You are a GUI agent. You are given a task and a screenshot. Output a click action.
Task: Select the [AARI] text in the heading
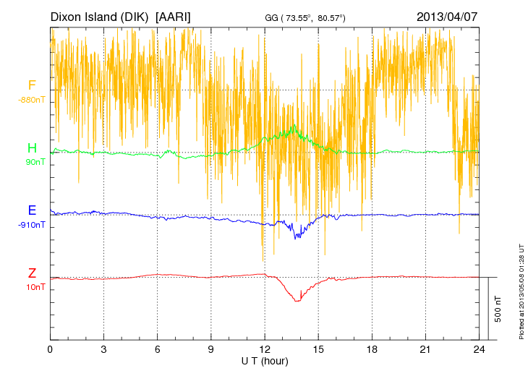(x=174, y=17)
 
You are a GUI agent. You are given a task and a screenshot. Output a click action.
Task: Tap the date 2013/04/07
(x=447, y=17)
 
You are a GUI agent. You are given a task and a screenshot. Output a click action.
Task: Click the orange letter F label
(x=32, y=86)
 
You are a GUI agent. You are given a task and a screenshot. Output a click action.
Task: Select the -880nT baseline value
(x=32, y=100)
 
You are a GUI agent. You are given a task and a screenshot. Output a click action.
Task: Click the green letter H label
(x=32, y=148)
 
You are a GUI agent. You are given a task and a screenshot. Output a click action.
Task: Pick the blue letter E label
(x=32, y=210)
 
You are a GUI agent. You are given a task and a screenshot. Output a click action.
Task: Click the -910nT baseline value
(x=32, y=224)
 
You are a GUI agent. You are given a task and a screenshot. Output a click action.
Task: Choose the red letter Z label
(x=32, y=273)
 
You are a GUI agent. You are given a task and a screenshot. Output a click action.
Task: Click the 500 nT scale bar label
(x=498, y=309)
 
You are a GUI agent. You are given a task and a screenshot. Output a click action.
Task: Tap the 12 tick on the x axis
(x=264, y=349)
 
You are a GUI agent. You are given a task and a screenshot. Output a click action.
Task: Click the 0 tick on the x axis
(x=51, y=349)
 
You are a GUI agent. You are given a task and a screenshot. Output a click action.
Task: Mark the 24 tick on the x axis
(x=478, y=349)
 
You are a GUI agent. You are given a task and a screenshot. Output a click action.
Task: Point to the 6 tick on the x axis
(x=158, y=349)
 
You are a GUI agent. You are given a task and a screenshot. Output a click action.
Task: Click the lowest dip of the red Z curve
(x=297, y=301)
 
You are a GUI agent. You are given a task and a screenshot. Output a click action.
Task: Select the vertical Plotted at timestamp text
(x=521, y=289)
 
